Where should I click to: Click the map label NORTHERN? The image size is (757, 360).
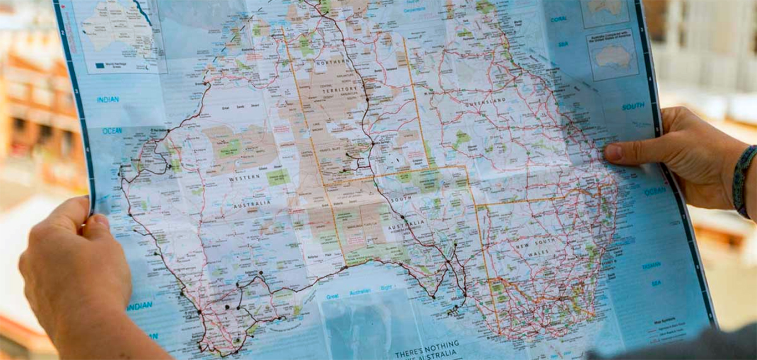pyautogui.click(x=331, y=63)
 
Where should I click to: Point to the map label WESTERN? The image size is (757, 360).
pyautogui.click(x=245, y=177)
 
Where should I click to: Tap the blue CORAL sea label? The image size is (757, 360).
pyautogui.click(x=558, y=19)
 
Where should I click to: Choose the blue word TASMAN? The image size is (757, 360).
pyautogui.click(x=652, y=266)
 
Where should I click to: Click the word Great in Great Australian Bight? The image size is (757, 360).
pyautogui.click(x=333, y=296)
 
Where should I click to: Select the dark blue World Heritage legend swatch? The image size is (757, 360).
pyautogui.click(x=100, y=65)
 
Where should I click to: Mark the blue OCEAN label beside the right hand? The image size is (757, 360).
pyautogui.click(x=655, y=191)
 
